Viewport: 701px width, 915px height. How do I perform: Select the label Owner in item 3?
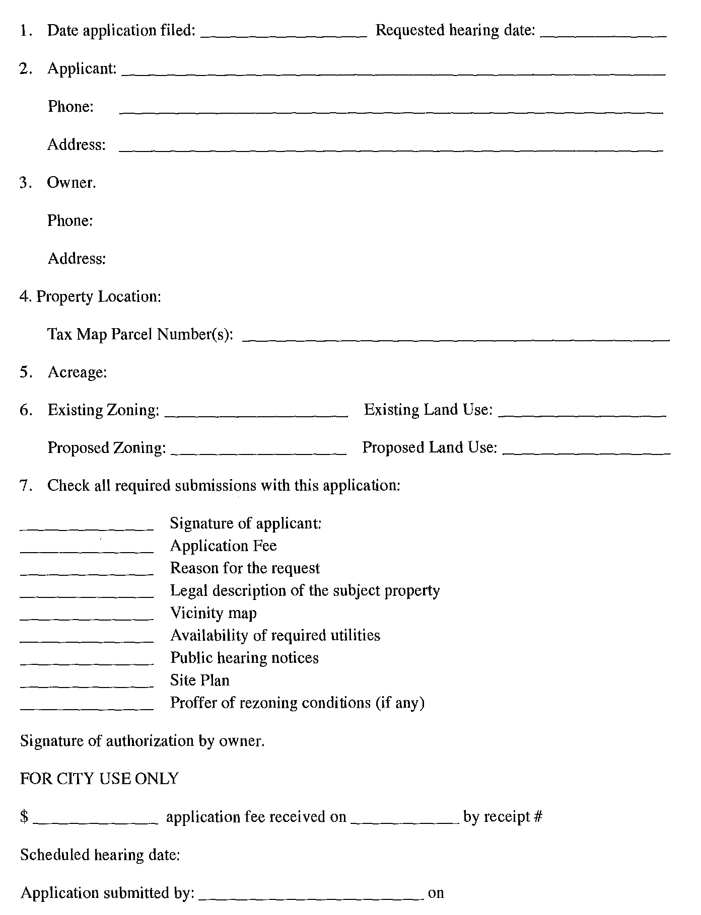point(71,182)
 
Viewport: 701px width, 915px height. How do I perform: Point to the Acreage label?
point(77,372)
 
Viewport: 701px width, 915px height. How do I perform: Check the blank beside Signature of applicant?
point(87,526)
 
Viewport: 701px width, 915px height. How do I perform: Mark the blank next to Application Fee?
point(87,549)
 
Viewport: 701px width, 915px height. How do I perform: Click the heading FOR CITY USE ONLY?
point(99,779)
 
